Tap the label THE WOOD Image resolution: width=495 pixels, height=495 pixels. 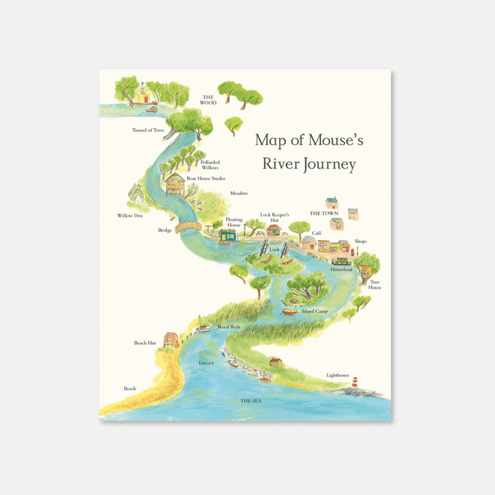(x=208, y=100)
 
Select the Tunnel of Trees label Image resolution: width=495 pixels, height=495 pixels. (x=148, y=129)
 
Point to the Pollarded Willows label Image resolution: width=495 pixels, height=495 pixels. (x=210, y=165)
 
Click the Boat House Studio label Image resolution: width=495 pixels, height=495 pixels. (x=206, y=179)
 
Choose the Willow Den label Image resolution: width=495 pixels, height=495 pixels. (x=130, y=215)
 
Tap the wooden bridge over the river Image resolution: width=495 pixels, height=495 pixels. (x=188, y=225)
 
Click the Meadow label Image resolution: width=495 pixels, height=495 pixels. (x=239, y=193)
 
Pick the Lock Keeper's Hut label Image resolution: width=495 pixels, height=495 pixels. (x=274, y=217)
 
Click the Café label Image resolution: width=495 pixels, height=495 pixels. (x=316, y=233)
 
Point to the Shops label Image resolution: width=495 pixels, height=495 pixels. (x=361, y=241)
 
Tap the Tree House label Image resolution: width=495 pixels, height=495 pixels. (x=375, y=284)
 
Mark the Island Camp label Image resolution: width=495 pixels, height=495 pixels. (x=315, y=311)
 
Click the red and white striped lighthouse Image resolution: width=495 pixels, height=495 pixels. (x=355, y=382)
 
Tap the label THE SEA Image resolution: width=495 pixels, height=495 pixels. (x=250, y=399)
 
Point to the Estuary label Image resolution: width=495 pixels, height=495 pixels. (x=206, y=362)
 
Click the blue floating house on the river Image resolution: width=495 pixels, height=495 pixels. (x=228, y=236)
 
